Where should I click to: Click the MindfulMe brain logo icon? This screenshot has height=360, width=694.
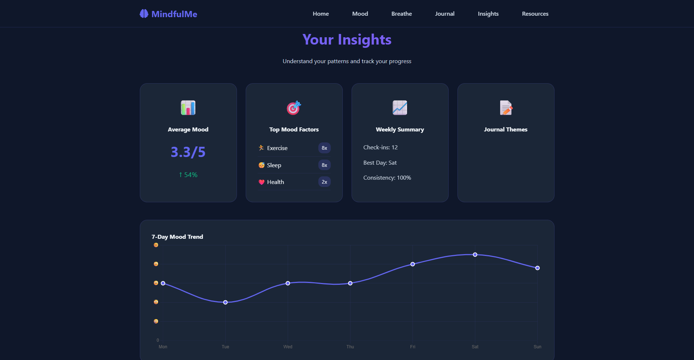point(144,14)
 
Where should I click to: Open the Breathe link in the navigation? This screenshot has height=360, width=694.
point(401,14)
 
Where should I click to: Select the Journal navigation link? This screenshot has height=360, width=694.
point(444,14)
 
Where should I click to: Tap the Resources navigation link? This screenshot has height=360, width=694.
point(535,14)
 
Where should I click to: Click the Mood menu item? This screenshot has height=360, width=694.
point(360,14)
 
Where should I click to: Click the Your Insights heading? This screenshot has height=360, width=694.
point(347,40)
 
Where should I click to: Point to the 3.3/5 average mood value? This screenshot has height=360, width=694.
point(188,152)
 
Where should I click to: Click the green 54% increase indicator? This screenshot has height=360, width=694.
point(188,175)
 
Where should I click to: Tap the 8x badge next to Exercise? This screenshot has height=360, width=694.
point(324,148)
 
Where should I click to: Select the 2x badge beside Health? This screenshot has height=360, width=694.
point(324,182)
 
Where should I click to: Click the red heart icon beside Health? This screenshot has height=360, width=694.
point(261,182)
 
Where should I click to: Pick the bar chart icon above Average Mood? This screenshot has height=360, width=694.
point(188,108)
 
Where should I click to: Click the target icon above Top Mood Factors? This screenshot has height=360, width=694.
point(294,108)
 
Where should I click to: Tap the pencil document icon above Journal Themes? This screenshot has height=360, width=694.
point(506,108)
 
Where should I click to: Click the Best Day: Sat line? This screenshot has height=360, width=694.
point(380,163)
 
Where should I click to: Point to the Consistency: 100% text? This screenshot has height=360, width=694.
point(387,178)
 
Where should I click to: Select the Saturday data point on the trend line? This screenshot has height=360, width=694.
point(475,254)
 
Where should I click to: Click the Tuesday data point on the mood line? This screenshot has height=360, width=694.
point(225,302)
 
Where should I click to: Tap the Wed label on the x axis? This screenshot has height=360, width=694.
point(288,347)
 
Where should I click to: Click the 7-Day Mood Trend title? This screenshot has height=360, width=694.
point(177,237)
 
